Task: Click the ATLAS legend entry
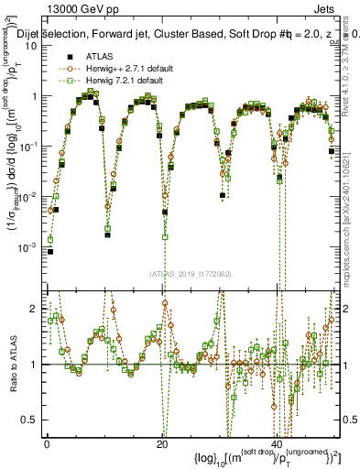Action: tap(99, 56)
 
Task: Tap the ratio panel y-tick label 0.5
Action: tap(31, 420)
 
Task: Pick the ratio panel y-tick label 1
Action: tap(34, 365)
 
